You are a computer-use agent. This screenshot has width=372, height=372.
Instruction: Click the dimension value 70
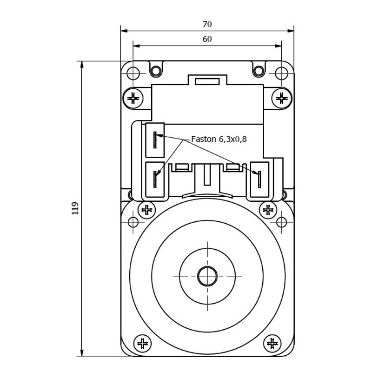tap(207, 24)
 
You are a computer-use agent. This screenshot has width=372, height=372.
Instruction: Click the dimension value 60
tap(207, 39)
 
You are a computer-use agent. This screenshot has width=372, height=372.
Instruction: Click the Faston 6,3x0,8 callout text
tap(219, 139)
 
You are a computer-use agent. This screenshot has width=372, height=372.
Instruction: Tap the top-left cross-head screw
tap(133, 98)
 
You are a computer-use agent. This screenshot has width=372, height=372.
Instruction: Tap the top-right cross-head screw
tap(282, 98)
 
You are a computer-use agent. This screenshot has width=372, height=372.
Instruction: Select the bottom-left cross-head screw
tap(142, 344)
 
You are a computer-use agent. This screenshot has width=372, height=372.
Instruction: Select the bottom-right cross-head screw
tap(272, 344)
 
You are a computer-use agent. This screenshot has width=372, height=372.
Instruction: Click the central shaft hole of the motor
tap(207, 276)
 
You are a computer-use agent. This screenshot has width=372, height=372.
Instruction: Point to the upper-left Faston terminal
tap(155, 139)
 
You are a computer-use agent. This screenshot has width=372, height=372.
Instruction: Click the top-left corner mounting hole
tap(133, 73)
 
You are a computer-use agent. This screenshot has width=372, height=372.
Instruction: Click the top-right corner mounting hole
tap(282, 73)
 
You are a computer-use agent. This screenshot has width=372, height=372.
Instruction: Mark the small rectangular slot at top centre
tap(207, 82)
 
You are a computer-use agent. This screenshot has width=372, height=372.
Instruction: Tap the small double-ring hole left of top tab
tap(156, 71)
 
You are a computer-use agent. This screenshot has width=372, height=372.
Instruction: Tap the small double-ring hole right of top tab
tap(259, 71)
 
